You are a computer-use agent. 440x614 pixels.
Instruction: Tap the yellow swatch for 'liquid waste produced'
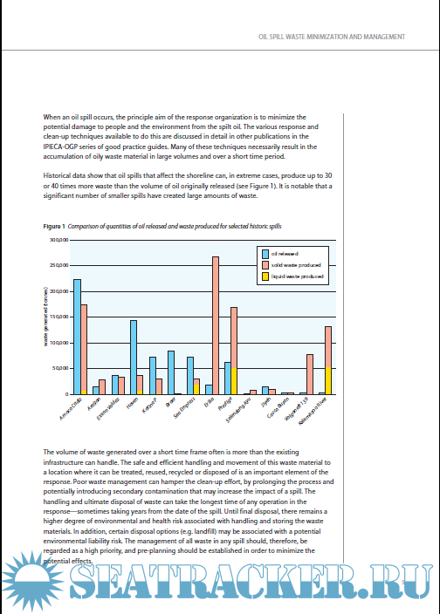point(265,276)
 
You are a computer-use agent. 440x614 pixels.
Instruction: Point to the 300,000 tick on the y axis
point(58,239)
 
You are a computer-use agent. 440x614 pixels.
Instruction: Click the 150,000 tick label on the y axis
point(58,317)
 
